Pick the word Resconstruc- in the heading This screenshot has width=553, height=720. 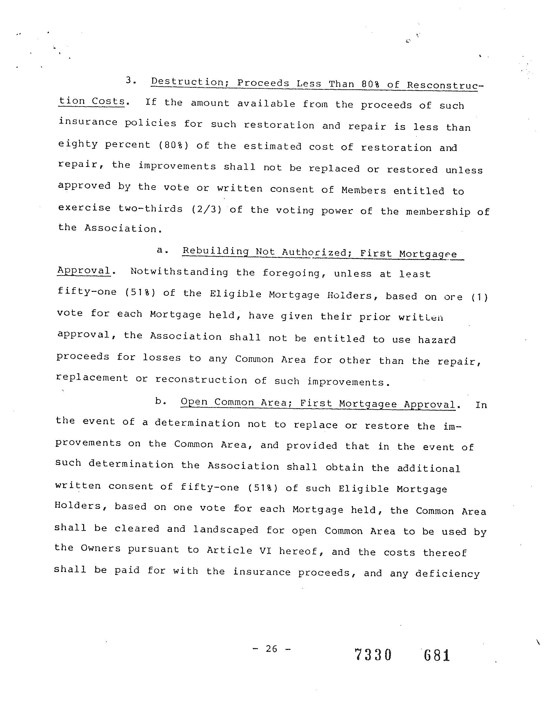click(x=445, y=85)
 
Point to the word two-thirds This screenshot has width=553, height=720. click(x=151, y=209)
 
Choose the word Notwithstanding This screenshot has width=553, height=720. click(x=179, y=272)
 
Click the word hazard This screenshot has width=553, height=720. click(x=437, y=339)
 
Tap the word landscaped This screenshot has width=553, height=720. click(x=226, y=529)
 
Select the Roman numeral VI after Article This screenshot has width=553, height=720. click(x=265, y=550)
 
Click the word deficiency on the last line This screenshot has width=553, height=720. click(x=447, y=574)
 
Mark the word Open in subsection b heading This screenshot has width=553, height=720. click(x=194, y=402)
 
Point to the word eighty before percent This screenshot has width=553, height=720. click(x=78, y=144)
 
